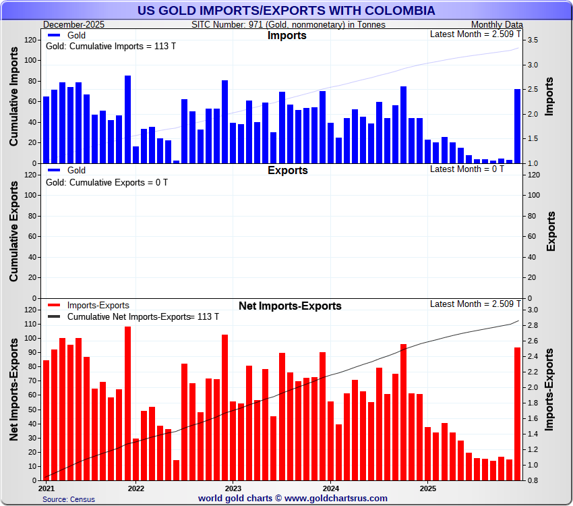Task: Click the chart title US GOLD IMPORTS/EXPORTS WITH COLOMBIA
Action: click(286, 11)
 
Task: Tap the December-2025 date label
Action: click(69, 24)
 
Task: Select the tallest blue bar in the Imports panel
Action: click(127, 119)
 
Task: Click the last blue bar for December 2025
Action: click(518, 126)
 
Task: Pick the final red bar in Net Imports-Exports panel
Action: click(518, 414)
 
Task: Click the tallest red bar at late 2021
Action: click(127, 403)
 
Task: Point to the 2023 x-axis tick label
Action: click(233, 487)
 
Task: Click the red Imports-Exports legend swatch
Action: click(54, 306)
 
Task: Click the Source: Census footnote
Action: click(69, 499)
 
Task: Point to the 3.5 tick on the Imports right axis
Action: click(532, 40)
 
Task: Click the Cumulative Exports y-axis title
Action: click(14, 231)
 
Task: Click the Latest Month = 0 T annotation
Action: click(466, 169)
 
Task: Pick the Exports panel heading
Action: click(287, 171)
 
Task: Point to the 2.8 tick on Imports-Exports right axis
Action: click(532, 325)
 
